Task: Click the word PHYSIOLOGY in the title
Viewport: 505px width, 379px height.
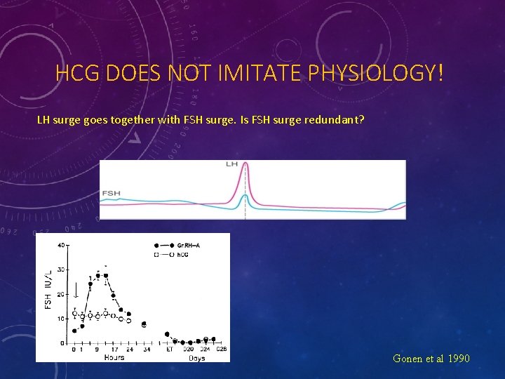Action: tap(381, 73)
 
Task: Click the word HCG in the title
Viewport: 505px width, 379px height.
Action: tap(79, 73)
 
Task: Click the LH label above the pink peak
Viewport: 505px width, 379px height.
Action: tap(232, 164)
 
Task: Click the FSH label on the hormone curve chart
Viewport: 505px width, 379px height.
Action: tap(111, 192)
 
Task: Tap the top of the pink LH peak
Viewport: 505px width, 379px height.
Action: tap(245, 171)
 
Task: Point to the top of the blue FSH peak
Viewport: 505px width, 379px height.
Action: tap(245, 195)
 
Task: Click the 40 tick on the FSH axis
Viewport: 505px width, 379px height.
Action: tap(61, 245)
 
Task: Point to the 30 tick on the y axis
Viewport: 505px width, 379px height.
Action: tap(61, 270)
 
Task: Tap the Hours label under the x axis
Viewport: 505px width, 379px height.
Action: tap(114, 357)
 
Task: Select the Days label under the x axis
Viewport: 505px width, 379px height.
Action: tap(197, 357)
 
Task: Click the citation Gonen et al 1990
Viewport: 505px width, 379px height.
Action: tap(431, 359)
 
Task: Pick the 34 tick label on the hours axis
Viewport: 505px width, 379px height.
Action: tap(146, 349)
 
